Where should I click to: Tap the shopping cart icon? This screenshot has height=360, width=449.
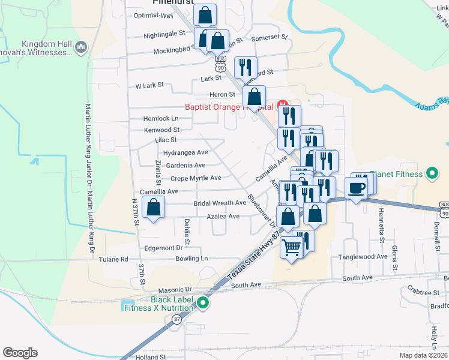coord(291,247)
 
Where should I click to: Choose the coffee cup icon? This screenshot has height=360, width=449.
coord(357,188)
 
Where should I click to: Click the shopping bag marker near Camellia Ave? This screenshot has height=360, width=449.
coord(154,208)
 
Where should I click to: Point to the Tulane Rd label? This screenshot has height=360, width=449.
coord(115,260)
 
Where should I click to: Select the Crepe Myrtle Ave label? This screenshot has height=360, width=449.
coord(196,178)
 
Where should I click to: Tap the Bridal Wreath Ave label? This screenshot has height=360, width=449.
coord(220,203)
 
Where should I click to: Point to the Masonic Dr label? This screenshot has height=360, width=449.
coord(175,289)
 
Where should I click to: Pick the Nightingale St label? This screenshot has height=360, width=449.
coord(164,35)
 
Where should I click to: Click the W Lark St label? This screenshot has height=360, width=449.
coord(149,86)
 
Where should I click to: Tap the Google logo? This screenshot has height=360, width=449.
coord(20,353)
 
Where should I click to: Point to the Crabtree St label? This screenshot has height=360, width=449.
coord(423,293)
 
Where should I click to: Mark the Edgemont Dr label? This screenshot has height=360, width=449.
coord(163,248)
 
